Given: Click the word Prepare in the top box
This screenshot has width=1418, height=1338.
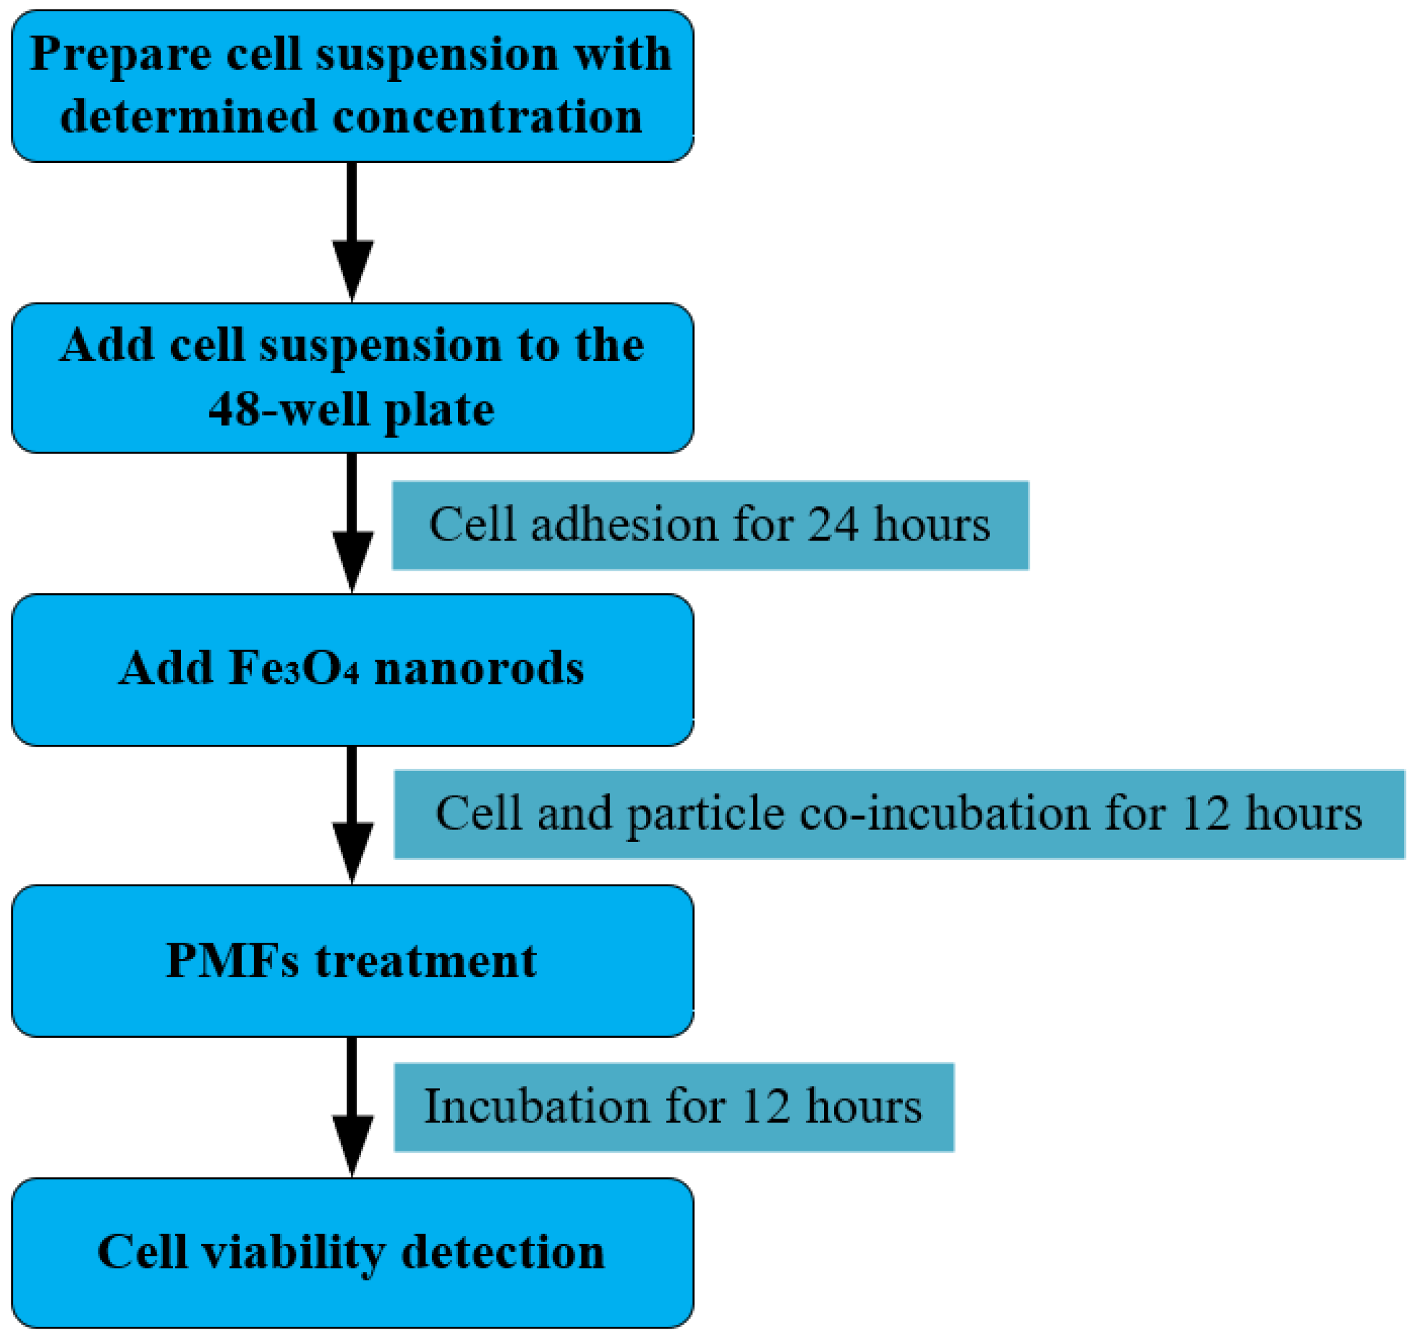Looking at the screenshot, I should point(120,55).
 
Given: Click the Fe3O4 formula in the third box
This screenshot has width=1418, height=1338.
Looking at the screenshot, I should point(293,669).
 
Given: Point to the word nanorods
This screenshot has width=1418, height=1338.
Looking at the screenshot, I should point(479,669).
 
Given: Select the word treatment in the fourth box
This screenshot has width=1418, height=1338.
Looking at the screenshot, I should point(426,961).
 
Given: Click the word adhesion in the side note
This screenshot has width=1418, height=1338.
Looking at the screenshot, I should point(623,525).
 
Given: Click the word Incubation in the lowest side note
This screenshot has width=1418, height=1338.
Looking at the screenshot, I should point(536,1107).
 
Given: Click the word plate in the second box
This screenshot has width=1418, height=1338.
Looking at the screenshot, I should point(439,410).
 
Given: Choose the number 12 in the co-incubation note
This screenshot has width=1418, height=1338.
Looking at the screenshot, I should point(1206,814).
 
